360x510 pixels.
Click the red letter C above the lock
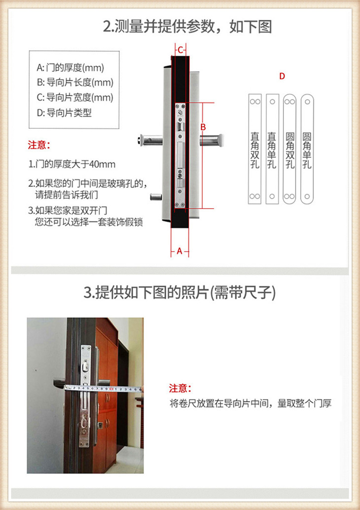(180, 50)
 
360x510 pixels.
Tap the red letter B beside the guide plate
(203, 127)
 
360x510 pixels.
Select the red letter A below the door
(180, 251)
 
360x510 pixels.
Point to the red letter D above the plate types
(282, 76)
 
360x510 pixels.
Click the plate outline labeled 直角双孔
(254, 149)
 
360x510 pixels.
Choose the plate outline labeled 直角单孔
(272, 149)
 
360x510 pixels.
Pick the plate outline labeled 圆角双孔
(289, 149)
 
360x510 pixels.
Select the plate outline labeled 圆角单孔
(307, 149)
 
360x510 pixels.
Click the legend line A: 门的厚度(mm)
(71, 68)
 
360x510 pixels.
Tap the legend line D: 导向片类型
(64, 113)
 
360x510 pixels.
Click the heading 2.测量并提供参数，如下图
(187, 27)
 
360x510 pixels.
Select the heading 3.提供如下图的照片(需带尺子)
(180, 293)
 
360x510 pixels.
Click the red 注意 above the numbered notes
(38, 145)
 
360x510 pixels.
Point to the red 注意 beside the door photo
(180, 388)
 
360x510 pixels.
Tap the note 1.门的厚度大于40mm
(72, 164)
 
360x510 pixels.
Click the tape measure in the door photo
(104, 388)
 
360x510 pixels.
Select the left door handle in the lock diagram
(150, 140)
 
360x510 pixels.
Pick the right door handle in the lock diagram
(211, 140)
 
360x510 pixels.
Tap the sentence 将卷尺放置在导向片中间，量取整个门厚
(251, 403)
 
